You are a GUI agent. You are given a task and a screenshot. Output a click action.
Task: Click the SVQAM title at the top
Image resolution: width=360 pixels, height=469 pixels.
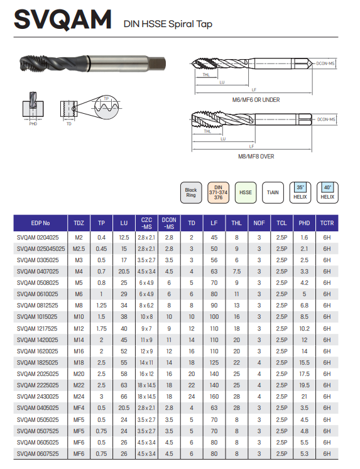tap(63, 19)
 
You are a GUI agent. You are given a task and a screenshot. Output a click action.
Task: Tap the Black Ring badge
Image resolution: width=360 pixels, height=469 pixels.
tap(191, 192)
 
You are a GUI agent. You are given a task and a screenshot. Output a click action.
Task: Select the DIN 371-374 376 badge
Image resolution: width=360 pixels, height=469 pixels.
tap(218, 192)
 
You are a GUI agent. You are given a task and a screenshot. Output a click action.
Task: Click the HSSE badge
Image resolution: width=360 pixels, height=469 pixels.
tap(246, 192)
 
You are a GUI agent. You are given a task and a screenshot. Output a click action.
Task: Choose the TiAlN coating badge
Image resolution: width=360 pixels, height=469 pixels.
tap(273, 192)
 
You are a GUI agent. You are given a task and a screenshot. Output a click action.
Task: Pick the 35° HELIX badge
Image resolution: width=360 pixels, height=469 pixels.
tap(300, 192)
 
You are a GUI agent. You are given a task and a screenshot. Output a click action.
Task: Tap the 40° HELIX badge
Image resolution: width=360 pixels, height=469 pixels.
tap(327, 192)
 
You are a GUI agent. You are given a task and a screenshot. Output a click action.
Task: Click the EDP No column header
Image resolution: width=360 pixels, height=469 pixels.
tap(40, 223)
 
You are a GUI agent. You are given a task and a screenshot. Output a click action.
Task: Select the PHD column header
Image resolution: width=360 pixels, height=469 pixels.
tap(304, 223)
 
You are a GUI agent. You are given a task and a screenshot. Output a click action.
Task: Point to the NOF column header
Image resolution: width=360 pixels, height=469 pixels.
tap(259, 223)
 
